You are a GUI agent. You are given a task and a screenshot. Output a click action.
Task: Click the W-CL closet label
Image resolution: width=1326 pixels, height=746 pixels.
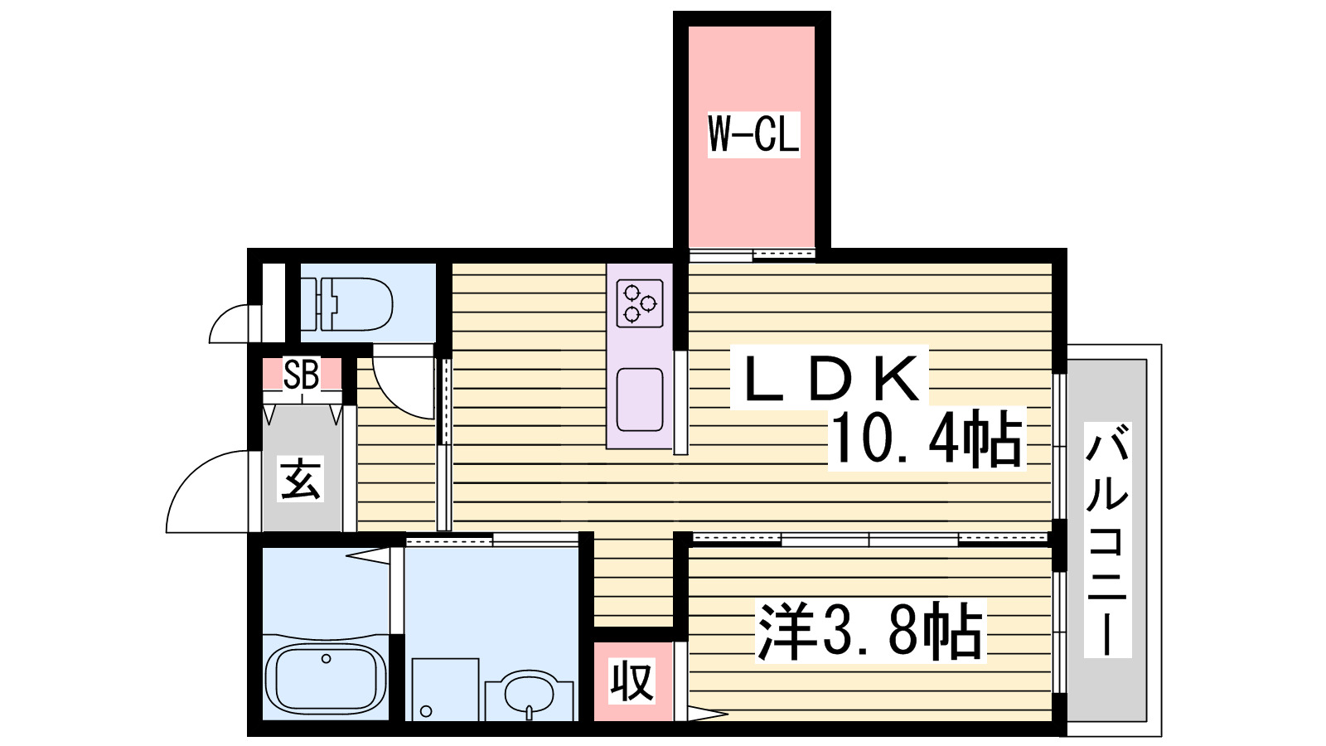(753, 134)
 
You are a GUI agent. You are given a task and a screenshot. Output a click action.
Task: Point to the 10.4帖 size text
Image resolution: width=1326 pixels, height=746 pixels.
(927, 439)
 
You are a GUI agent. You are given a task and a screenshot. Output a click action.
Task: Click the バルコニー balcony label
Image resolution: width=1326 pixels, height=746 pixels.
(1107, 540)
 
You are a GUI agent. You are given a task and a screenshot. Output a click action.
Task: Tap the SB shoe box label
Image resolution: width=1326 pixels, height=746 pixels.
(301, 375)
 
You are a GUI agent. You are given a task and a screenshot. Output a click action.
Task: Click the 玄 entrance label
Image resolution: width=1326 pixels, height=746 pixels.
(300, 479)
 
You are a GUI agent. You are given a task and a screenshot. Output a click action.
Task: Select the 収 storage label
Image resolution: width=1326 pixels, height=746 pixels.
(632, 681)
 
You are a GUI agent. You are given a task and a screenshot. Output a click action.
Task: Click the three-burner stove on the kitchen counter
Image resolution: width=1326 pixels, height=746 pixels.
(639, 303)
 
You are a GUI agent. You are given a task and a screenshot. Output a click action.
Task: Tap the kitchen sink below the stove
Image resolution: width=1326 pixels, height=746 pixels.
(639, 399)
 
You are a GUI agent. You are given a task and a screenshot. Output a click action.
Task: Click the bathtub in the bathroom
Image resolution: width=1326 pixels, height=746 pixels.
(326, 678)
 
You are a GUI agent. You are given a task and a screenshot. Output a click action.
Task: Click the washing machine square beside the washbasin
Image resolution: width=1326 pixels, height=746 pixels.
(445, 689)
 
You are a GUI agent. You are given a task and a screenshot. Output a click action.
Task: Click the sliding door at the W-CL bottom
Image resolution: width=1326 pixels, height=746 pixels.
(752, 254)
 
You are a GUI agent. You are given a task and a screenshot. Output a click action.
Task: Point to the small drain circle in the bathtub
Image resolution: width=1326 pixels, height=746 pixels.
(327, 659)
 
